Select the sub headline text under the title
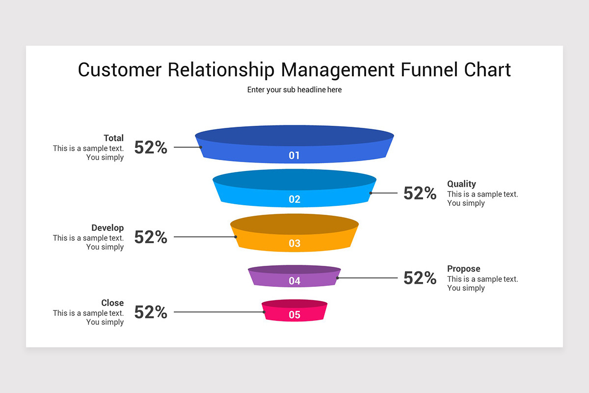[294, 90]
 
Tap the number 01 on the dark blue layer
[294, 156]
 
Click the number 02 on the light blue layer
[294, 199]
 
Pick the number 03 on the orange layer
[294, 243]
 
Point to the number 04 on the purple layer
[294, 281]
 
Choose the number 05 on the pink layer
[294, 315]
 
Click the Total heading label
[113, 138]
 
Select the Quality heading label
[461, 184]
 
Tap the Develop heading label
[107, 228]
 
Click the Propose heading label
[463, 269]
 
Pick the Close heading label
[112, 303]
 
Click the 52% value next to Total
[151, 147]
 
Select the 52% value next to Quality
[420, 194]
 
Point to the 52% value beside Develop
[151, 237]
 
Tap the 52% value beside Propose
[420, 278]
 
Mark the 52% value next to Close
[151, 312]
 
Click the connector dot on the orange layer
[236, 237]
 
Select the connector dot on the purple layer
[337, 278]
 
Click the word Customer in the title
[119, 69]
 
